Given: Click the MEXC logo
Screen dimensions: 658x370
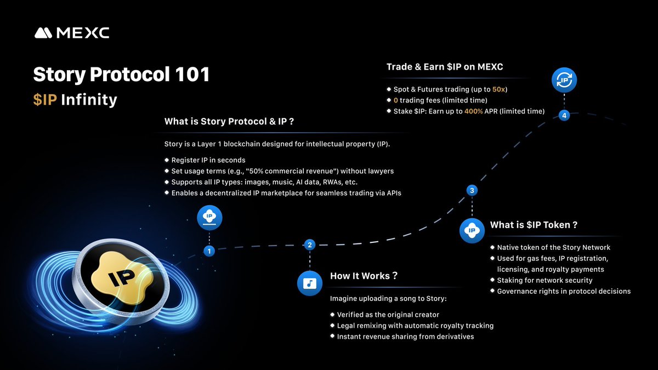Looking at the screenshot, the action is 72,33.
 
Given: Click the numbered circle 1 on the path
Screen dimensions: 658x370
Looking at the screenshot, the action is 209,251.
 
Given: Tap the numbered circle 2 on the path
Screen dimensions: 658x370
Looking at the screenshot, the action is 310,244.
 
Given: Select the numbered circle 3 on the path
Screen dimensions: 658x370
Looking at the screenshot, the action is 472,190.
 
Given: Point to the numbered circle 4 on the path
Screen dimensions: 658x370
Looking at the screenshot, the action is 564,116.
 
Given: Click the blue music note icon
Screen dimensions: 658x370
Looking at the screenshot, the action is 310,283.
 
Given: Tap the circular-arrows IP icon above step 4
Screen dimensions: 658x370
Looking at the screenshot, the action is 564,80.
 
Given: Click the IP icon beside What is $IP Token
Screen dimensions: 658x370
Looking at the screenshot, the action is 472,231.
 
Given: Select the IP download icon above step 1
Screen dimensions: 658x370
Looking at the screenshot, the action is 209,218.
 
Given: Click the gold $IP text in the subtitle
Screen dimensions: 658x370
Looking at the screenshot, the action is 45,100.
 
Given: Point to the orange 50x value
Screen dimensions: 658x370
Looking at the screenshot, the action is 498,89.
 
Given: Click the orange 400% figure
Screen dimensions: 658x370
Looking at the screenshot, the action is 474,111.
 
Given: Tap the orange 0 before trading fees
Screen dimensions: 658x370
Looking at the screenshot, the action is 396,100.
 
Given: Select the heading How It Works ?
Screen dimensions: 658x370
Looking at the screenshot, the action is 364,276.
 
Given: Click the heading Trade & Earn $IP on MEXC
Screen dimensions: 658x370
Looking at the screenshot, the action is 445,67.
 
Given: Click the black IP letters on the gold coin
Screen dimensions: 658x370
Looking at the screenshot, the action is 122,277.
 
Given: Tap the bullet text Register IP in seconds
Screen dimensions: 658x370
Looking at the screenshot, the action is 208,160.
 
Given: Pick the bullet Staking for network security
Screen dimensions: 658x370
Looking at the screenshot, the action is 544,280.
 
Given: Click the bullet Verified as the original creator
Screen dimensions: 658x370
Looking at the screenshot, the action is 388,315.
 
